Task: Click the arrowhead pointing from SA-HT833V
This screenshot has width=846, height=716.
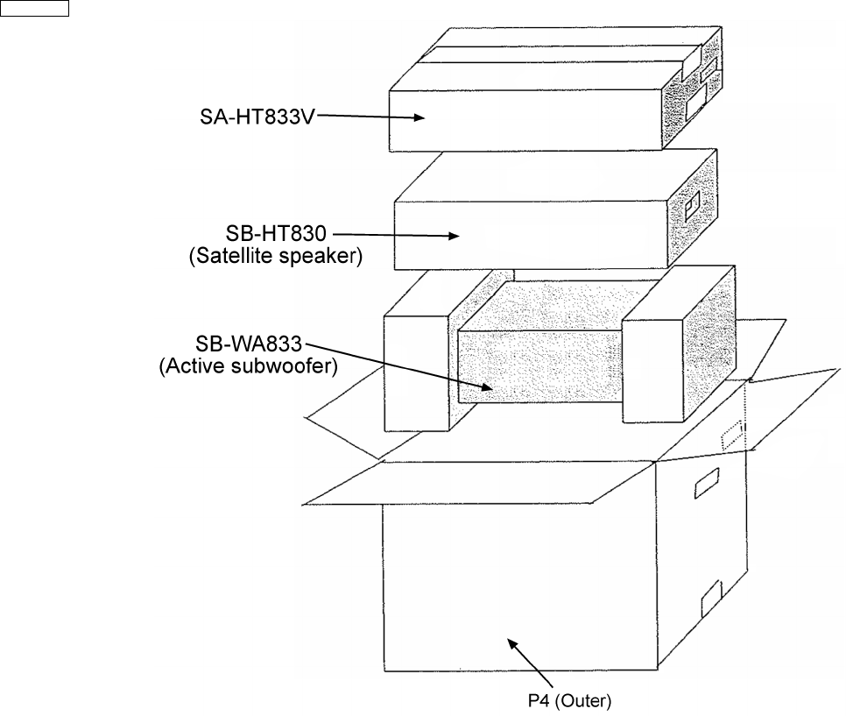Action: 419,118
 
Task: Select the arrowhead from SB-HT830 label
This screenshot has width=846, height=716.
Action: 454,235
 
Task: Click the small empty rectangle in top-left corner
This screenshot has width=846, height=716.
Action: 35,9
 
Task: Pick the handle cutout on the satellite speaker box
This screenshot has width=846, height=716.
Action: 694,209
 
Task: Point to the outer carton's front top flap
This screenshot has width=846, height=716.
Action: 490,482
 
